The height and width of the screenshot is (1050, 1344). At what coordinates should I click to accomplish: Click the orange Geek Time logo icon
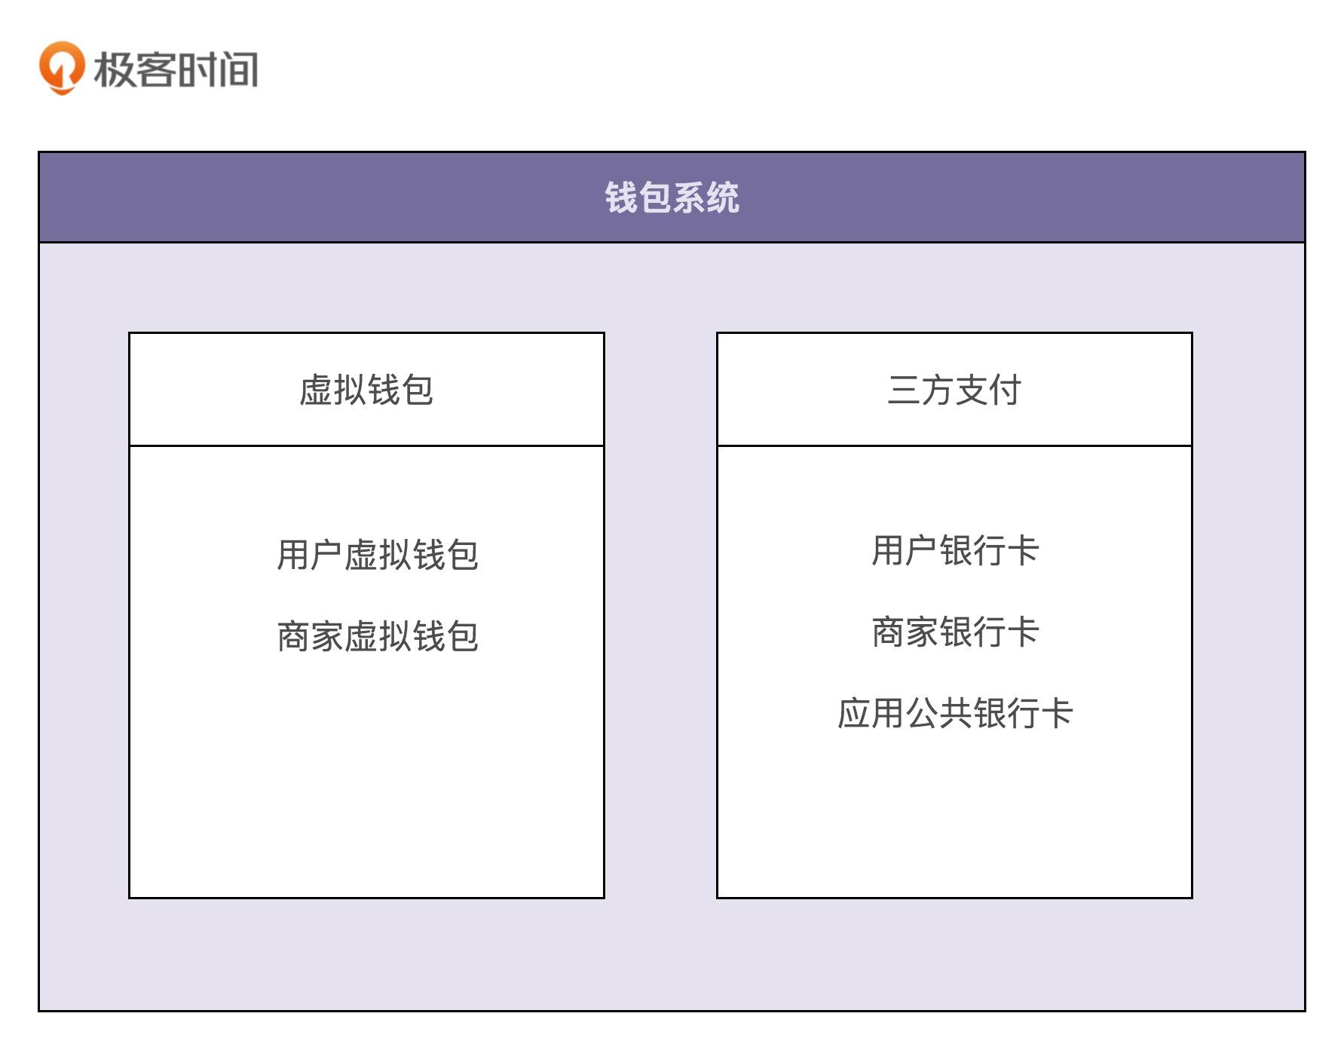click(x=61, y=68)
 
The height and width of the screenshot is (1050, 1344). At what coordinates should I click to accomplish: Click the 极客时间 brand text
click(x=176, y=69)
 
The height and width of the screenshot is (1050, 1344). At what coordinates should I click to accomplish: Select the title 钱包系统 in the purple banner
click(x=672, y=197)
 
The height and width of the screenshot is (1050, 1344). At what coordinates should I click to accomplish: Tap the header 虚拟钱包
click(x=366, y=390)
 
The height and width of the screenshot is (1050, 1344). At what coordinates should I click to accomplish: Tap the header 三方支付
click(x=954, y=390)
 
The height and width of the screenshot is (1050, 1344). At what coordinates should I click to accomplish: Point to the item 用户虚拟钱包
click(x=378, y=556)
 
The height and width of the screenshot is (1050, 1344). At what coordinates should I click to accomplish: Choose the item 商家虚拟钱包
click(x=378, y=637)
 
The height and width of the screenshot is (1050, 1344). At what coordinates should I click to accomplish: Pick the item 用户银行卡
click(x=955, y=550)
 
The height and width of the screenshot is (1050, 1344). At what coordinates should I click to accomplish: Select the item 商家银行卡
click(x=955, y=632)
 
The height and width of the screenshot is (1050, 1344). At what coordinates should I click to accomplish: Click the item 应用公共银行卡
click(x=955, y=713)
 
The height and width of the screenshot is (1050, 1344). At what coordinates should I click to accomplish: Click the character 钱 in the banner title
click(x=621, y=197)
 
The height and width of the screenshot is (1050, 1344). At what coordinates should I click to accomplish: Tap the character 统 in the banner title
click(x=723, y=197)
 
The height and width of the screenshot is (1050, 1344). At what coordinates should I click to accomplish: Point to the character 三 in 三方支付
click(x=904, y=390)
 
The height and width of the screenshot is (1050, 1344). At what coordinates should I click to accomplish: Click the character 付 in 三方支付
click(x=1005, y=390)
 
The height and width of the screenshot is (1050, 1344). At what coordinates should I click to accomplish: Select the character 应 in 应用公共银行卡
click(x=854, y=713)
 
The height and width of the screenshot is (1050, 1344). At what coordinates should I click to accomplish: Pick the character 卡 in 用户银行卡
click(x=1023, y=550)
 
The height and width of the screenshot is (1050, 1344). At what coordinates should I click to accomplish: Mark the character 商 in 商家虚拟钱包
click(x=293, y=637)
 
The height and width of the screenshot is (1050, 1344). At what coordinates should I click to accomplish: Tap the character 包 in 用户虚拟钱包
click(x=462, y=556)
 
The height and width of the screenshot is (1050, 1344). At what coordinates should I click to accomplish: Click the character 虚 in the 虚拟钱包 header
click(x=316, y=390)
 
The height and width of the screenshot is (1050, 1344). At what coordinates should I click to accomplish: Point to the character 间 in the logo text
click(x=240, y=69)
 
